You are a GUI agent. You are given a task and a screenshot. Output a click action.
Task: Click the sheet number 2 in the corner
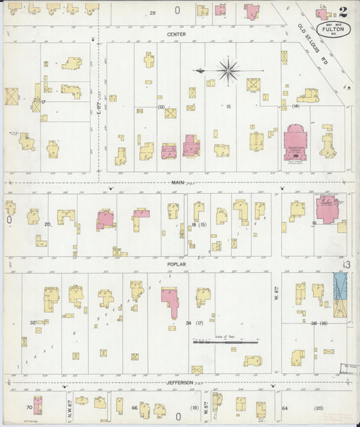coord(344,11)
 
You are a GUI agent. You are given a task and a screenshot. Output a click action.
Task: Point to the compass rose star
coord(229,69)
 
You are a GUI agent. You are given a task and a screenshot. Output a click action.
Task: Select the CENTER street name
coord(176,34)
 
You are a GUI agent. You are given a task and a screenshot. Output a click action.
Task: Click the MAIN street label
coord(178,182)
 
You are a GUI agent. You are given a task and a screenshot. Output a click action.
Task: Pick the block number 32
coord(32,323)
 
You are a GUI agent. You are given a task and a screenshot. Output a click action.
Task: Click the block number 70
coord(28,407)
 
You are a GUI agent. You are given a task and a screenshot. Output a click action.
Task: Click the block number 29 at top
coord(153,13)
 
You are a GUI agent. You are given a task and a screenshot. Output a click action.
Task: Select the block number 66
coord(134,408)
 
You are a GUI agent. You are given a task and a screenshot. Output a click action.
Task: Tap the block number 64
coord(285,408)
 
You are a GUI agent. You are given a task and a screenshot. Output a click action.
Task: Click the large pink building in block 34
coord(170,300)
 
